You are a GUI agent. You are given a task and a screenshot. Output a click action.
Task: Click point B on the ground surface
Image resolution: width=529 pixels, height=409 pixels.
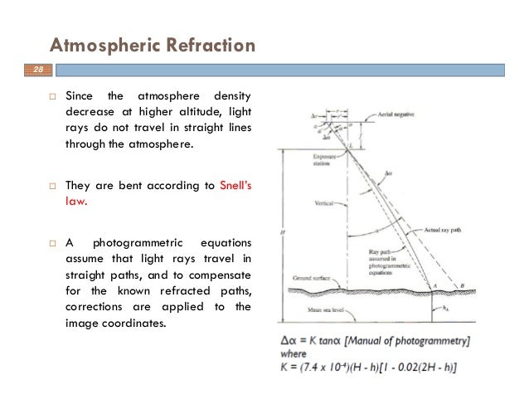pyautogui.click(x=462, y=285)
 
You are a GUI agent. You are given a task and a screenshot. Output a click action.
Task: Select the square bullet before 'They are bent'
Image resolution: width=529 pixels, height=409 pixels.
pyautogui.click(x=50, y=186)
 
